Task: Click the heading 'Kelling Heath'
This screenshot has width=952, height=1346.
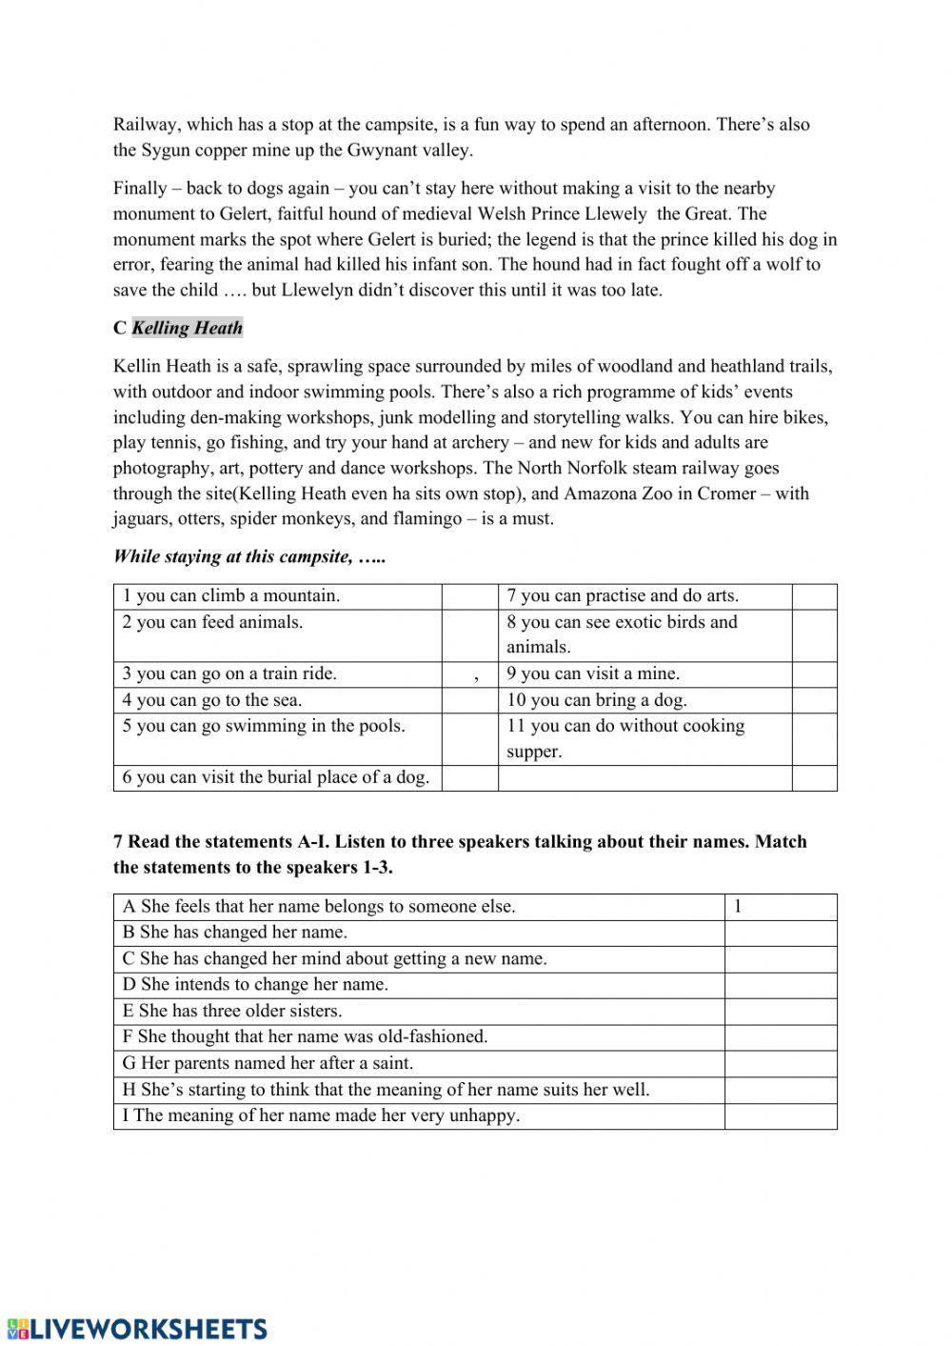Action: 187,329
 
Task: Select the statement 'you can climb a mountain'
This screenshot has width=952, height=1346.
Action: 230,596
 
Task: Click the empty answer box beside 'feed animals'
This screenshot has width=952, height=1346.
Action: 469,635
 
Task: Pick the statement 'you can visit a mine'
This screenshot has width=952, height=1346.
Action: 593,674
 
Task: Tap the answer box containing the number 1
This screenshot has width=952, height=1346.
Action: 780,907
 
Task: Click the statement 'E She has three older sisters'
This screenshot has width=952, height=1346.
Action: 232,1011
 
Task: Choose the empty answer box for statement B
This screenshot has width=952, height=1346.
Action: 780,933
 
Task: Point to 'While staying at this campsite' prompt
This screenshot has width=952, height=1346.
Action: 249,557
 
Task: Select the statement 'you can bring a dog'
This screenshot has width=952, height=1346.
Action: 597,700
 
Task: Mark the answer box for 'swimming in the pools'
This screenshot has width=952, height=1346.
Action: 469,739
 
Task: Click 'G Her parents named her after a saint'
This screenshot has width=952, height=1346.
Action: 268,1063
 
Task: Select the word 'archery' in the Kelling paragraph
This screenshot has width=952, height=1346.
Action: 479,443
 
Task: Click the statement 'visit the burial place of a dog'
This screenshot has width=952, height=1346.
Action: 276,777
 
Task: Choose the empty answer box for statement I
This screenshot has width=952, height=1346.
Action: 780,1115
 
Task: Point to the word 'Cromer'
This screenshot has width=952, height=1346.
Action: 732,493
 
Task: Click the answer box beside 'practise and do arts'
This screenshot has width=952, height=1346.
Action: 814,596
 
